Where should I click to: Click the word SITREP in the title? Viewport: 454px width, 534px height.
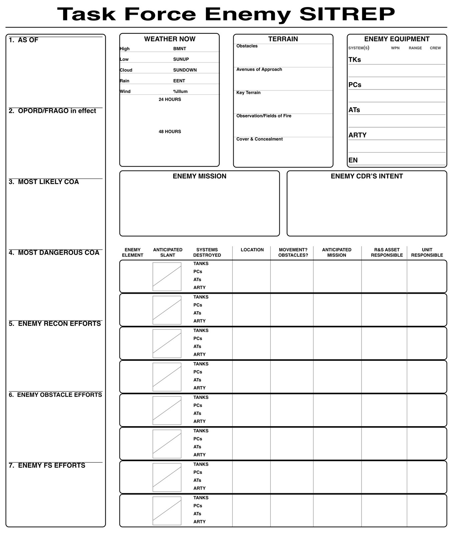click(x=347, y=14)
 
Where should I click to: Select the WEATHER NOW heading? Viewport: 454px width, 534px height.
click(x=170, y=39)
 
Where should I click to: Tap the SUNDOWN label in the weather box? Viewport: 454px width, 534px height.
click(x=185, y=70)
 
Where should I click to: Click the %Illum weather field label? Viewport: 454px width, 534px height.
click(x=180, y=91)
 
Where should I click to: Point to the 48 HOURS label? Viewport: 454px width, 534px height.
click(x=170, y=132)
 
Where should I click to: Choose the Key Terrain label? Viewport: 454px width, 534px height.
click(x=248, y=93)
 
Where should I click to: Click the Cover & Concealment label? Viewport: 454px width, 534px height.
click(x=259, y=139)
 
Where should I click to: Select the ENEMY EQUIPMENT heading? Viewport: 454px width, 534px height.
click(x=397, y=39)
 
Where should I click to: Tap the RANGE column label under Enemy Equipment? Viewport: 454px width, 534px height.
click(x=415, y=48)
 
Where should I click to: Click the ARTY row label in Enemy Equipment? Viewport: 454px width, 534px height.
click(x=358, y=135)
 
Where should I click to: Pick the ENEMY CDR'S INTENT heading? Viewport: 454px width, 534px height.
click(x=367, y=176)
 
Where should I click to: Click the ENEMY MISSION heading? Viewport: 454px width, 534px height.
click(x=199, y=176)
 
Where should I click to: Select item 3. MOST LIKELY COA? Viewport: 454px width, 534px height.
click(x=44, y=182)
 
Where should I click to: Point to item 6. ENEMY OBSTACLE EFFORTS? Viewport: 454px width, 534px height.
click(x=55, y=395)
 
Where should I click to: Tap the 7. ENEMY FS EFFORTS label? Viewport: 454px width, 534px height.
click(x=47, y=466)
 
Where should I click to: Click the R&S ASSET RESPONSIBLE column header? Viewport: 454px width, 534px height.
click(x=387, y=252)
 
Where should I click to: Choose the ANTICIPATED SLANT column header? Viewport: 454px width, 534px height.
click(x=168, y=252)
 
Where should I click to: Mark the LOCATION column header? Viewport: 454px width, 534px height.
click(x=252, y=250)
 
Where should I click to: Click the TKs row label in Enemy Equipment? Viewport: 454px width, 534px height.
click(x=355, y=60)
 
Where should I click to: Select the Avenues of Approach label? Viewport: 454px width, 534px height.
click(x=259, y=69)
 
